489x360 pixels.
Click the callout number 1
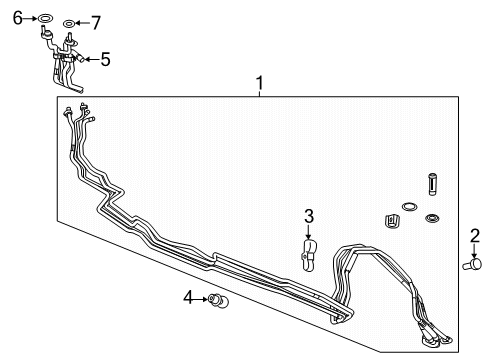click(x=259, y=83)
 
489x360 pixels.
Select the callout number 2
click(x=475, y=236)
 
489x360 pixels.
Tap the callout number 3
click(x=309, y=216)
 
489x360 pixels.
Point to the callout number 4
click(x=188, y=297)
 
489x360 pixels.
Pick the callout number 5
click(x=105, y=60)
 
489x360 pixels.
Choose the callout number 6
click(x=18, y=18)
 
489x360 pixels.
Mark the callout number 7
click(x=96, y=23)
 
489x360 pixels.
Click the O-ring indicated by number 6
click(x=45, y=18)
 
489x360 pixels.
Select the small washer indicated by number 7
click(x=69, y=24)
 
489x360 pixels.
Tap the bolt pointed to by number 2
click(x=473, y=264)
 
